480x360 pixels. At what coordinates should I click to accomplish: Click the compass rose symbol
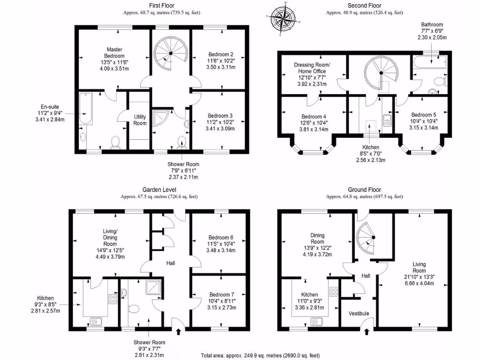(281, 18)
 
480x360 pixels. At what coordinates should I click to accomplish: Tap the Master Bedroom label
(114, 52)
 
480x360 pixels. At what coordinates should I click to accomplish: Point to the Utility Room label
(140, 120)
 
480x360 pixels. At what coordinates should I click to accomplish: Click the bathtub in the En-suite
(86, 109)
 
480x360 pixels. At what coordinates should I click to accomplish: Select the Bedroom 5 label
(424, 115)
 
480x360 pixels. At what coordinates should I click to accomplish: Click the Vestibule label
(359, 314)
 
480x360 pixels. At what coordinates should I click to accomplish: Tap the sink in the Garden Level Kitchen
(97, 322)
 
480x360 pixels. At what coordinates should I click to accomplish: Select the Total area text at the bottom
(260, 355)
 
